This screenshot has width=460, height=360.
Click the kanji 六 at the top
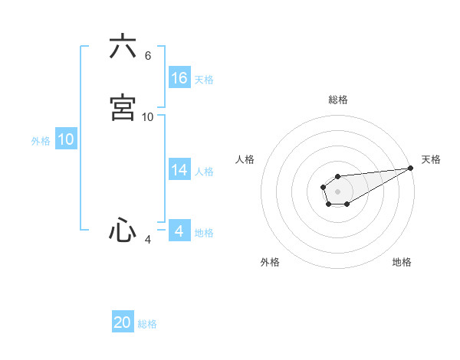point(123,47)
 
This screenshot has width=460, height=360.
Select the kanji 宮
point(123,107)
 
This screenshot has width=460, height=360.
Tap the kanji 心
point(123,231)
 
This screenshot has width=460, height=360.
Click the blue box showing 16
point(179,78)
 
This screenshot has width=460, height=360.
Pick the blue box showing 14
point(179,170)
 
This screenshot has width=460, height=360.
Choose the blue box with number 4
point(179,231)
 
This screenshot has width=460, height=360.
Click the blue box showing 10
point(66,139)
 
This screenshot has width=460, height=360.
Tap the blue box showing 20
point(123,322)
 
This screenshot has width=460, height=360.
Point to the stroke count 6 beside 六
point(148,56)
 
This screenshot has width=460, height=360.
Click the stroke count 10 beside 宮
point(148,116)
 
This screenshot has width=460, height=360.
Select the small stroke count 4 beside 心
point(148,240)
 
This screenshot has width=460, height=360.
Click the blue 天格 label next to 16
point(204,80)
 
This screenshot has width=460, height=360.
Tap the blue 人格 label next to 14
point(204,172)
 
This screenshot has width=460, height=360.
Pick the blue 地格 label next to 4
point(204,233)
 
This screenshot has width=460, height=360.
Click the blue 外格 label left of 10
point(41,141)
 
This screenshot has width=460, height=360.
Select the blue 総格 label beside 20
point(147,324)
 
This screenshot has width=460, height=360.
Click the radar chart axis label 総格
point(338,100)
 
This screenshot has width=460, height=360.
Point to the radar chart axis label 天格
point(431,159)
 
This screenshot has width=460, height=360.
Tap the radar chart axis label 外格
point(270,262)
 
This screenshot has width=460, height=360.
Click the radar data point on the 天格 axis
point(411,168)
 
